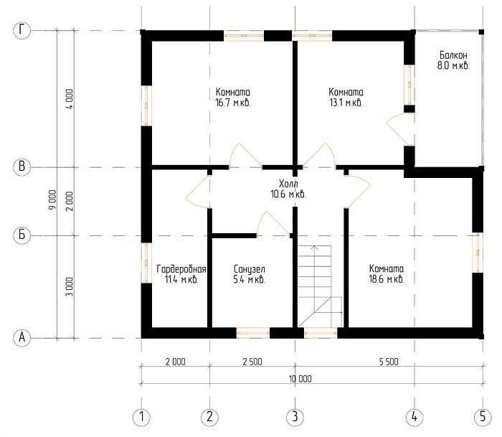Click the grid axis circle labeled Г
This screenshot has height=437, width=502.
(22, 30)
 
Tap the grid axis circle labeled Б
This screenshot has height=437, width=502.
(22, 235)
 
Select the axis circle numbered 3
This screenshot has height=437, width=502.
(295, 417)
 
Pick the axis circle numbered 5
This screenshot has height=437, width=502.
(483, 417)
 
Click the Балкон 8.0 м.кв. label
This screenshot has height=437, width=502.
(453, 60)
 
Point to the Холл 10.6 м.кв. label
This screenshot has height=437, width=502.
(288, 189)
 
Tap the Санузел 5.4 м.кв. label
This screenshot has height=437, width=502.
(250, 274)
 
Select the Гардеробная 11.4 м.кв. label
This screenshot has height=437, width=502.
(181, 274)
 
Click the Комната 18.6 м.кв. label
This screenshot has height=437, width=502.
(387, 273)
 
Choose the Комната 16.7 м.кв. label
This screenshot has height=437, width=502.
(233, 97)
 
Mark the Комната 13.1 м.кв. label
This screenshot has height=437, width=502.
(346, 97)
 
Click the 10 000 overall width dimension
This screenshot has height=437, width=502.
(300, 379)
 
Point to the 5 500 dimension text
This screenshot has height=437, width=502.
(389, 362)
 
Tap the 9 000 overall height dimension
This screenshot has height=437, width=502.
(52, 199)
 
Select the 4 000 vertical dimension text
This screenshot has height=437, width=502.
(70, 99)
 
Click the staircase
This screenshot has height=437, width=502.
(320, 286)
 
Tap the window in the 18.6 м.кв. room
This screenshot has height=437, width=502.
(478, 253)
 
